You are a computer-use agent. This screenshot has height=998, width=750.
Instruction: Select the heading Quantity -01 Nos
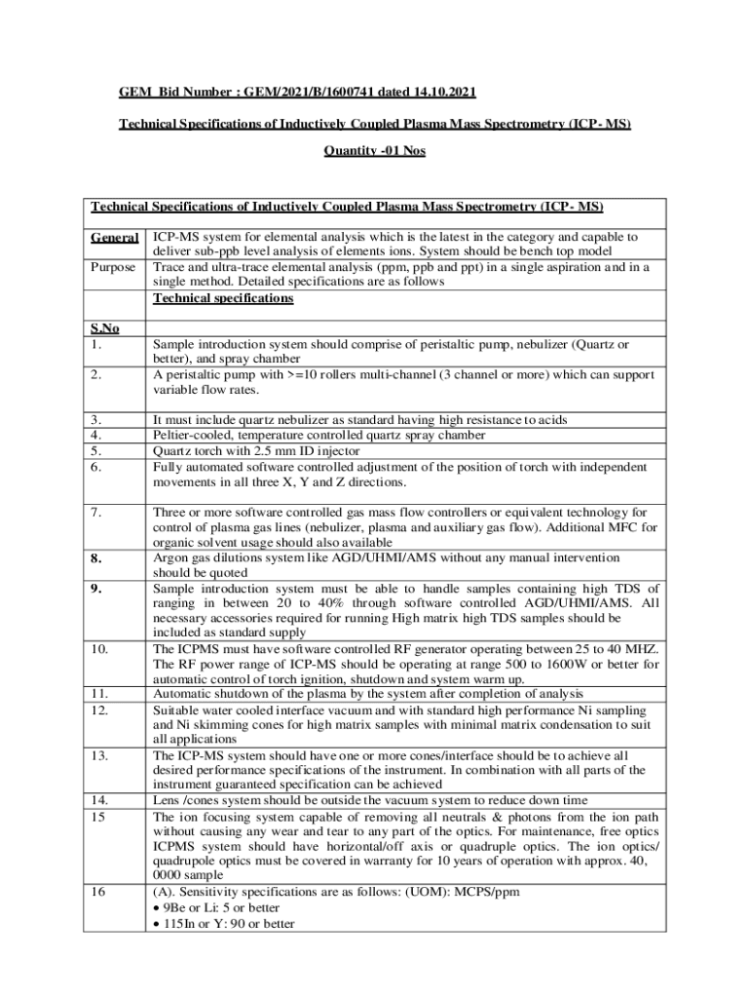tap(374, 152)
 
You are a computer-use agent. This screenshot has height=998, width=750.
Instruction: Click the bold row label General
tap(114, 237)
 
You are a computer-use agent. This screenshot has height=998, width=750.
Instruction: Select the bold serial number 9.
tap(96, 559)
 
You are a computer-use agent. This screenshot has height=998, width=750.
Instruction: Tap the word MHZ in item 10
tap(642, 649)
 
